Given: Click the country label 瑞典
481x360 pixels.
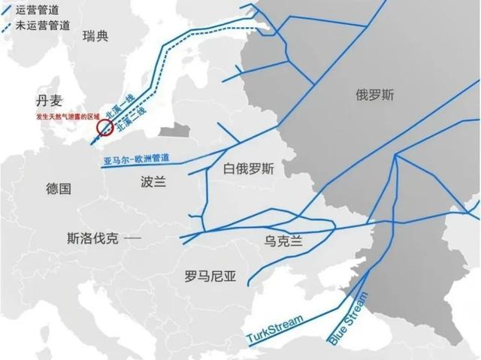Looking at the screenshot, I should coord(96,36).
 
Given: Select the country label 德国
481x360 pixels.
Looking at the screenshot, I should coord(59,189).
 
